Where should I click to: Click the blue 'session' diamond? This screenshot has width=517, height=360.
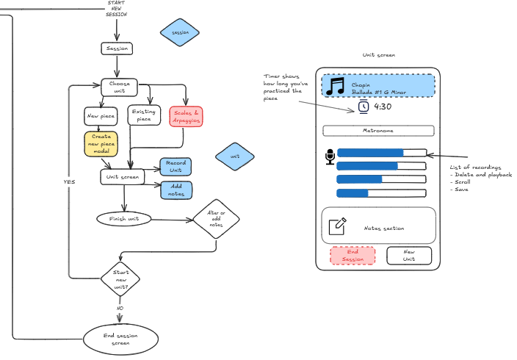click(180, 33)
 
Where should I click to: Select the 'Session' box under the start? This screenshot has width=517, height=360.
click(117, 48)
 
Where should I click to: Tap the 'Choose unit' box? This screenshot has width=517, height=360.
click(120, 87)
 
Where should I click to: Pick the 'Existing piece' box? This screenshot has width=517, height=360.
click(144, 115)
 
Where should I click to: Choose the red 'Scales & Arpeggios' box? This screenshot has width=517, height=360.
click(186, 116)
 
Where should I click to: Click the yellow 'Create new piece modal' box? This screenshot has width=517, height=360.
click(101, 144)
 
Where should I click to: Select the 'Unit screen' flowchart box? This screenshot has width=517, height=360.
click(123, 177)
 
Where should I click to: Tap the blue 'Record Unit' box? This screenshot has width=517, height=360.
click(176, 166)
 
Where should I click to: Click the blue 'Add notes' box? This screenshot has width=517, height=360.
click(176, 190)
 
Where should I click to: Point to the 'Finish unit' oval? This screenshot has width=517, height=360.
click(124, 219)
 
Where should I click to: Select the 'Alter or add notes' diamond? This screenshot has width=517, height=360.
click(216, 219)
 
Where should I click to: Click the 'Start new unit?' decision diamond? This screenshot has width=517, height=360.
click(121, 278)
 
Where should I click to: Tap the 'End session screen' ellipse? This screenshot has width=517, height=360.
click(120, 339)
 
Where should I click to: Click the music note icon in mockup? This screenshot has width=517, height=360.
click(337, 86)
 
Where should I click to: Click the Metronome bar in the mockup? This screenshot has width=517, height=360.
click(378, 131)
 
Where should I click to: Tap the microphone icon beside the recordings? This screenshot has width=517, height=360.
click(330, 156)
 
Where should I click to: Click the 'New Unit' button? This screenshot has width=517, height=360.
click(409, 256)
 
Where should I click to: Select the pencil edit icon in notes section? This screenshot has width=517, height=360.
click(337, 226)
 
